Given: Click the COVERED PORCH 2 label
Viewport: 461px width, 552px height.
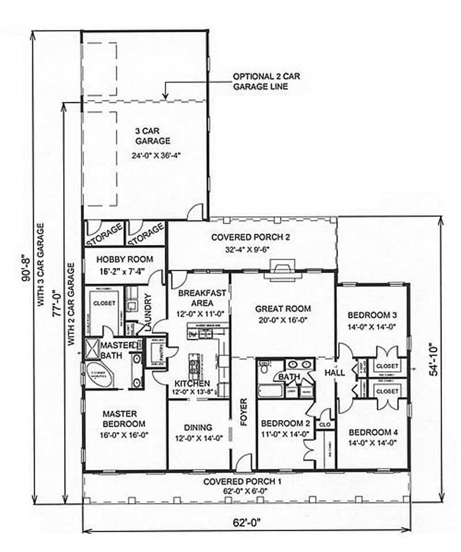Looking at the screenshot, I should click(x=251, y=237).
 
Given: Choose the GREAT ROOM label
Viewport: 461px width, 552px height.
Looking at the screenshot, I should click(x=283, y=309).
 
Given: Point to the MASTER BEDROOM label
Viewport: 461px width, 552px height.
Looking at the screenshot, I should click(x=120, y=418).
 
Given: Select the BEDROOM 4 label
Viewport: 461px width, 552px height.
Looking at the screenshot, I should click(x=372, y=432).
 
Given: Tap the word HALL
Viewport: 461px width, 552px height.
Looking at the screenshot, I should click(x=335, y=373).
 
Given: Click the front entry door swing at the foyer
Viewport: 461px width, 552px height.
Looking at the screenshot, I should click(x=244, y=461).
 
